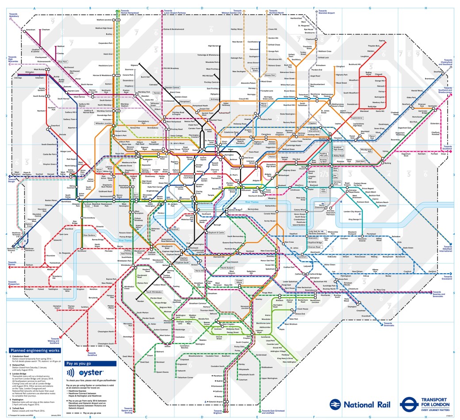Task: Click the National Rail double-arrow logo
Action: point(333,405)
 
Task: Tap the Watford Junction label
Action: point(107,20)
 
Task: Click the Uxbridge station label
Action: point(18,78)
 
